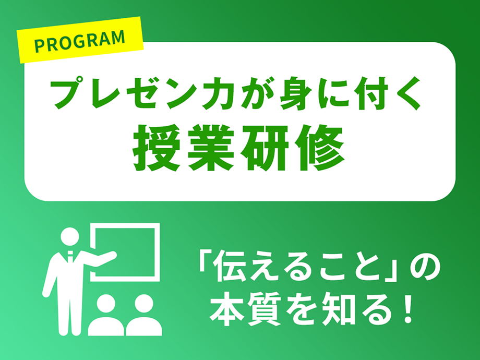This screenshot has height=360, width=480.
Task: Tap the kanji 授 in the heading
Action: click(x=155, y=148)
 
